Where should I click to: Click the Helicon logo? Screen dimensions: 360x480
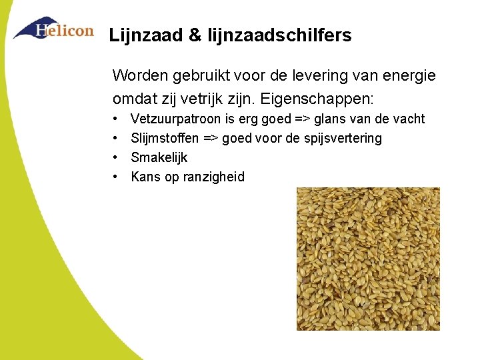point(53,29)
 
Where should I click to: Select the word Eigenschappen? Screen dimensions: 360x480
point(317,99)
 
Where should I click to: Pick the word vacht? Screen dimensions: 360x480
point(409,119)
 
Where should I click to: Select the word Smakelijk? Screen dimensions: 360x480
point(159,158)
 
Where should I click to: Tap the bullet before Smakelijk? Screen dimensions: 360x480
point(116,158)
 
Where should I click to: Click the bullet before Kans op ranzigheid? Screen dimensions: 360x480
point(116,177)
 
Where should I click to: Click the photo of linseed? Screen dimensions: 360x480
point(368,259)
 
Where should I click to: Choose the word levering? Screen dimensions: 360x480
point(319,75)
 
